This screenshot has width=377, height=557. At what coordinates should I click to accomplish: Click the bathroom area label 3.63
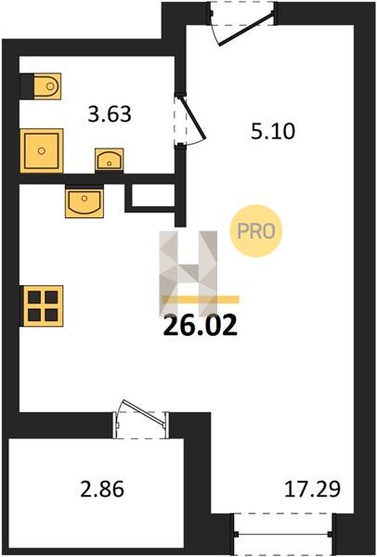(x=110, y=114)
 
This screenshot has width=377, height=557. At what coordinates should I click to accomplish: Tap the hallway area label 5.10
(x=273, y=131)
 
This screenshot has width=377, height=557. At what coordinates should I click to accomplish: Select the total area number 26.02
(x=200, y=326)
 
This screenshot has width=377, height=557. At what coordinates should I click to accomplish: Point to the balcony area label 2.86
(x=102, y=489)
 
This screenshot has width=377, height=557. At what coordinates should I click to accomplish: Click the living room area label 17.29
(x=312, y=489)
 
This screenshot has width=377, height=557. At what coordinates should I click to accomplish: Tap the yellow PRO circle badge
(x=256, y=231)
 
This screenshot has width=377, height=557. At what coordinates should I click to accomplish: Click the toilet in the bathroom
(x=47, y=86)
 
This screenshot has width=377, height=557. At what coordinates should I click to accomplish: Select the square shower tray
(x=42, y=150)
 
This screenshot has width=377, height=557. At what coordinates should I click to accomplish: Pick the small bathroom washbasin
(x=109, y=161)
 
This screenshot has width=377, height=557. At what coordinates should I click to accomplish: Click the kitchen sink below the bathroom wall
(x=84, y=202)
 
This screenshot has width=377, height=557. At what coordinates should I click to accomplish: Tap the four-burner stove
(x=43, y=305)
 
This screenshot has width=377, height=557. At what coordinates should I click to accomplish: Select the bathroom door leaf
(x=193, y=118)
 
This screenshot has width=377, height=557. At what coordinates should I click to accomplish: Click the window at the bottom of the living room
(x=283, y=534)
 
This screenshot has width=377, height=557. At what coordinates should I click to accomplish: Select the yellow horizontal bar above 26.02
(x=201, y=300)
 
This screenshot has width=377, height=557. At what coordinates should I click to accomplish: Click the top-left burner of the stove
(x=34, y=297)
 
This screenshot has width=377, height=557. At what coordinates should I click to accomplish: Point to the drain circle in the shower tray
(x=42, y=150)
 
